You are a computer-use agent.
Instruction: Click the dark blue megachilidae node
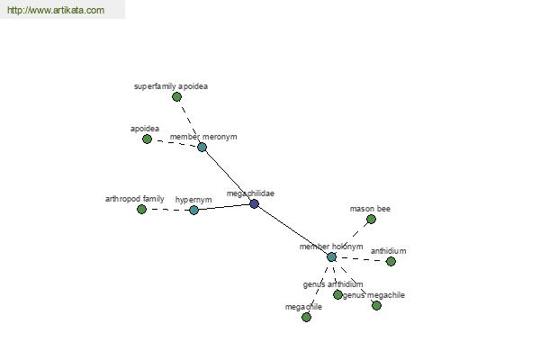(x=255, y=204)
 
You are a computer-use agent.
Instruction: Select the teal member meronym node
(x=202, y=147)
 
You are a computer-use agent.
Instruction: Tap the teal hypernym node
(x=193, y=210)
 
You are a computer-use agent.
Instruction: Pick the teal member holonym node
(x=331, y=257)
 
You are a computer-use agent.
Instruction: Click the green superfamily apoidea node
(x=176, y=96)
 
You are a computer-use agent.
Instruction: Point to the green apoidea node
(x=147, y=139)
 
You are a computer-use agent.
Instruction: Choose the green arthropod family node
(x=141, y=209)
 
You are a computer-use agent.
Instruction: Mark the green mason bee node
(x=371, y=219)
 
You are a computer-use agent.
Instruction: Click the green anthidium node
(x=391, y=261)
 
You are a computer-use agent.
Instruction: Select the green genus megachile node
(x=376, y=305)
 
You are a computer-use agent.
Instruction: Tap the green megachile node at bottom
(x=306, y=317)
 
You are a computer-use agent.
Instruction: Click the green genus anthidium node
(x=337, y=294)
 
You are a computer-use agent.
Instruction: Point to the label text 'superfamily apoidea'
(x=170, y=86)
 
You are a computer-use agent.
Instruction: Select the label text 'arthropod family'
(x=135, y=198)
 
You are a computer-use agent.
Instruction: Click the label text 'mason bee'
(x=370, y=209)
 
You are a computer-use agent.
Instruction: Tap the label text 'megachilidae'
(x=250, y=193)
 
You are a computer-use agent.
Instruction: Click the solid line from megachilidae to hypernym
(x=224, y=207)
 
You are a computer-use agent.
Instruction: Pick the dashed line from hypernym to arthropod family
(x=167, y=210)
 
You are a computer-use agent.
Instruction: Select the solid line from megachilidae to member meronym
(x=228, y=175)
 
